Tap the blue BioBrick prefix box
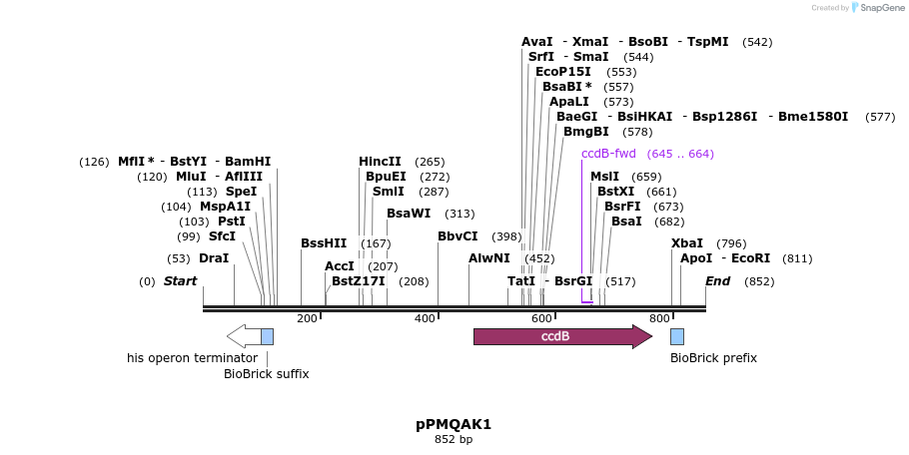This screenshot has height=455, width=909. click(x=677, y=336)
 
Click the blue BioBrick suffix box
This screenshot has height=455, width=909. click(x=267, y=336)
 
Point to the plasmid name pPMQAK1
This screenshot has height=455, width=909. click(x=454, y=424)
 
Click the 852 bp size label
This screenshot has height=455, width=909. click(x=454, y=439)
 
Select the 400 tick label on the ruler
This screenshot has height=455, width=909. click(x=425, y=318)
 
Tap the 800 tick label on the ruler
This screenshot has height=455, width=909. click(x=659, y=318)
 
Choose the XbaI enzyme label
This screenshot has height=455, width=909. click(x=687, y=243)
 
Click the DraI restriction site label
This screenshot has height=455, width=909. click(x=214, y=258)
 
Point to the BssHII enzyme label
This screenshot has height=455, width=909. click(x=324, y=243)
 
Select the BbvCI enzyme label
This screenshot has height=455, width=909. click(x=457, y=236)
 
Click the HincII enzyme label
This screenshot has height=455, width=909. click(x=380, y=162)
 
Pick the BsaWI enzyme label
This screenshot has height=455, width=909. click(x=409, y=214)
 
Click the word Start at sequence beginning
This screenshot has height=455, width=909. click(x=180, y=281)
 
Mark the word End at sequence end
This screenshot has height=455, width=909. click(x=717, y=281)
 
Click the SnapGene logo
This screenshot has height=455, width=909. click(x=876, y=8)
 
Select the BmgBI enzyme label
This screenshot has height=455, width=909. click(x=585, y=132)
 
